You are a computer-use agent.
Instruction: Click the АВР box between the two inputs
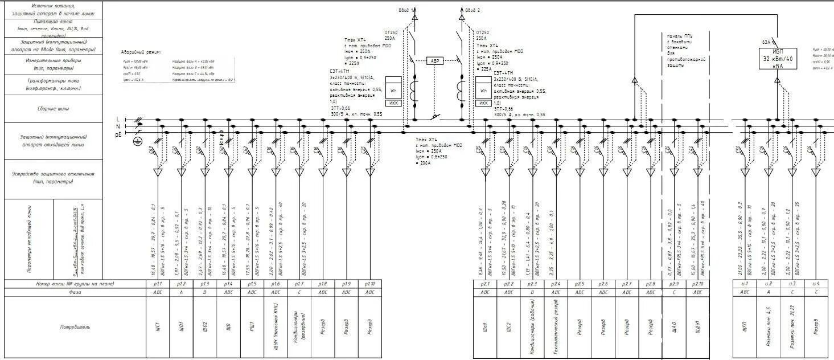(x=435, y=60)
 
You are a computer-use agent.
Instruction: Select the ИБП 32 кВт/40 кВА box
(x=778, y=58)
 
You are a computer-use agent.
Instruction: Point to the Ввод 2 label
(x=473, y=10)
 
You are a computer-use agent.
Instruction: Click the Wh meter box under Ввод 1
(x=393, y=91)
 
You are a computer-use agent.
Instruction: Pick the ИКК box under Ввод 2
(x=483, y=103)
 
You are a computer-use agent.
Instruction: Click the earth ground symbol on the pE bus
(x=137, y=141)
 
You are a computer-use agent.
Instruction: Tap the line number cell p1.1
(x=158, y=284)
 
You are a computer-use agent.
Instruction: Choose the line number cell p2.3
(x=532, y=284)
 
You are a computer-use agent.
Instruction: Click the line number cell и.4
(x=816, y=284)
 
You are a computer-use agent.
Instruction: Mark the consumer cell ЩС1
(x=158, y=327)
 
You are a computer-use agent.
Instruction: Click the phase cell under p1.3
(x=205, y=292)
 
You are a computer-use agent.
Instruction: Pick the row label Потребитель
(x=75, y=328)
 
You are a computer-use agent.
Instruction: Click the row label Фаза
(x=75, y=292)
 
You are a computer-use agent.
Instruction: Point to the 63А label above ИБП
(x=766, y=42)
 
